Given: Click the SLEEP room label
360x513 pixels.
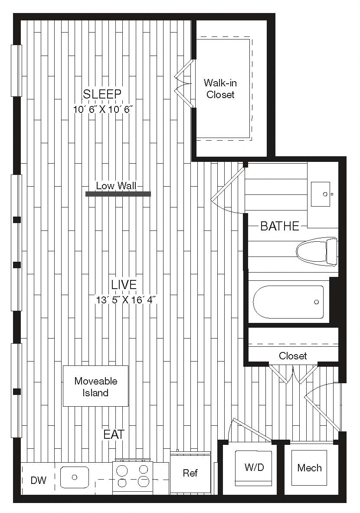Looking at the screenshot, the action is pos(102,94).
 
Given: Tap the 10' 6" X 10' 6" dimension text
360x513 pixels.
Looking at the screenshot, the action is pos(102,109).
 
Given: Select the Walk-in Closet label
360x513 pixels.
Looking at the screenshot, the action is pos(220,89).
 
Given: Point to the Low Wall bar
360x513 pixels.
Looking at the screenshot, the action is pos(118,194).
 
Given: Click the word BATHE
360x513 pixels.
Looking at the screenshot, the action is pos(280,226).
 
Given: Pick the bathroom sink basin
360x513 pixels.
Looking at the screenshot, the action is pos(321,194).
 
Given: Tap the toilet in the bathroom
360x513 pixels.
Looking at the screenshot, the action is pos(317,252).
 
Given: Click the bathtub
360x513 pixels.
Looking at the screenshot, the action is pos(288,302).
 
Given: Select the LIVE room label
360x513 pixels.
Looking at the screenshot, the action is pos(124,285).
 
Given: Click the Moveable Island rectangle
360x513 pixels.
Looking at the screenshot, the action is pos(95,386).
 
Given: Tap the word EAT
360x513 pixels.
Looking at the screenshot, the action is pos(114,434).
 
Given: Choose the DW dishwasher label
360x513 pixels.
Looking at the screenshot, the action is pos(39,480).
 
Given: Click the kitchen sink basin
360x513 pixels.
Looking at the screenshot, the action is pos(75,477).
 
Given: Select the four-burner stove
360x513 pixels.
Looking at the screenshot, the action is pos(133,476).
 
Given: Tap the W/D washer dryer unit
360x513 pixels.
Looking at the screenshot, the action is pos(254,468).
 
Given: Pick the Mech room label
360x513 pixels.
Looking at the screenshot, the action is pos(309,468).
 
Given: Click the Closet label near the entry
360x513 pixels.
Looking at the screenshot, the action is pos(293,355).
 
